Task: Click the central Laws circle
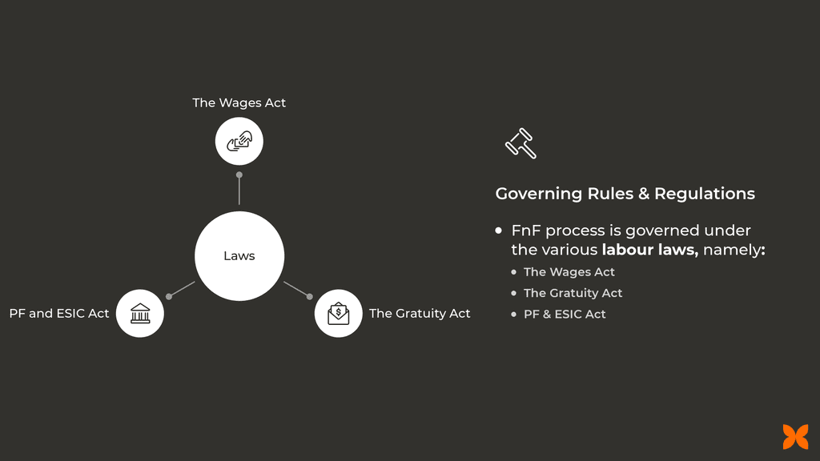point(239,256)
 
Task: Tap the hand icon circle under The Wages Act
point(239,142)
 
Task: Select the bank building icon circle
point(140,313)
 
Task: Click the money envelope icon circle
point(338,313)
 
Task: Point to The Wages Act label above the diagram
point(239,102)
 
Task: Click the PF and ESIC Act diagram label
point(59,314)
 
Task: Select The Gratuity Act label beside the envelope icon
point(420,314)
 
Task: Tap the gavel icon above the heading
point(521,143)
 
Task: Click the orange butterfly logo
point(795,436)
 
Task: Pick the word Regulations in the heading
point(705,194)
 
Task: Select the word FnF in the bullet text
point(525,231)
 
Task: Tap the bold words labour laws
point(649,251)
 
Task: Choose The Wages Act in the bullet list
point(569,272)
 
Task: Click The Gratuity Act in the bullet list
point(573,293)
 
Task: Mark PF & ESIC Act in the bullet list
point(565,314)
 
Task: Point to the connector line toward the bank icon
point(183,289)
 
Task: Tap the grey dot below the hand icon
point(239,174)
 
